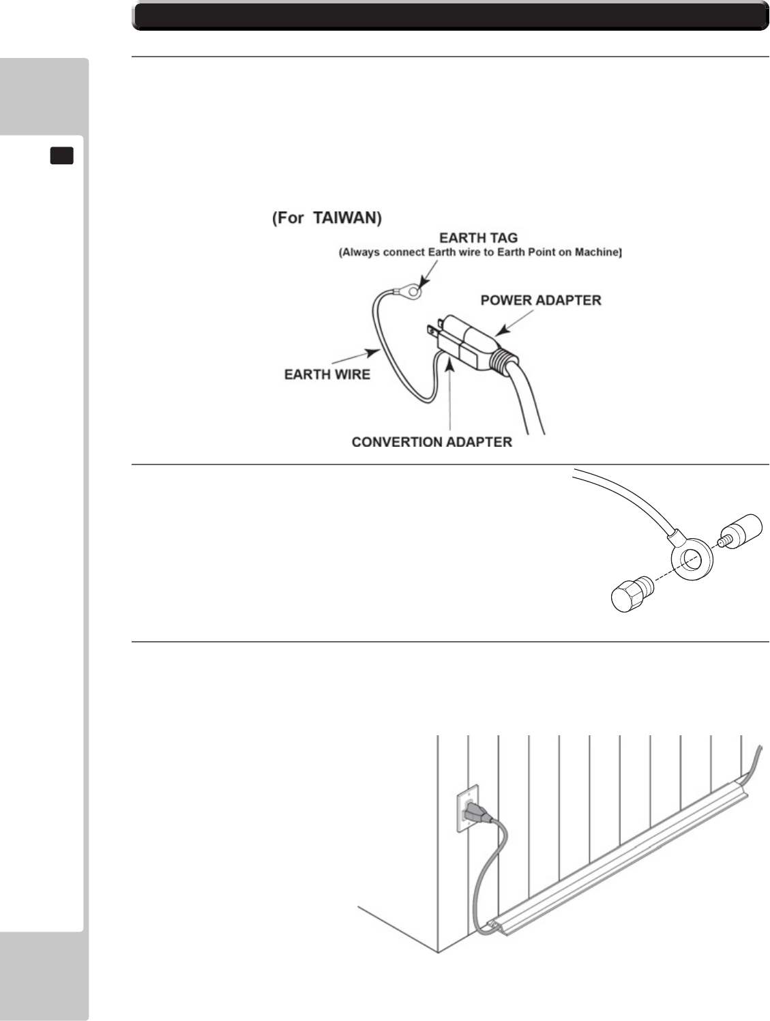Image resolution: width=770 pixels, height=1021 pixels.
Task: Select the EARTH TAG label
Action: click(x=478, y=238)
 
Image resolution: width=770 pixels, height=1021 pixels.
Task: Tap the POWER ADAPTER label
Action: click(x=541, y=300)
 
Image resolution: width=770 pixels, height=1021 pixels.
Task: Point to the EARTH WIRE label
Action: click(x=327, y=374)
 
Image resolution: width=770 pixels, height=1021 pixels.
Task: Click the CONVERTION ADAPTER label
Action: click(x=432, y=442)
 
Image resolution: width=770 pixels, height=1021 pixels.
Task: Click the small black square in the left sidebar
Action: click(x=62, y=156)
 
